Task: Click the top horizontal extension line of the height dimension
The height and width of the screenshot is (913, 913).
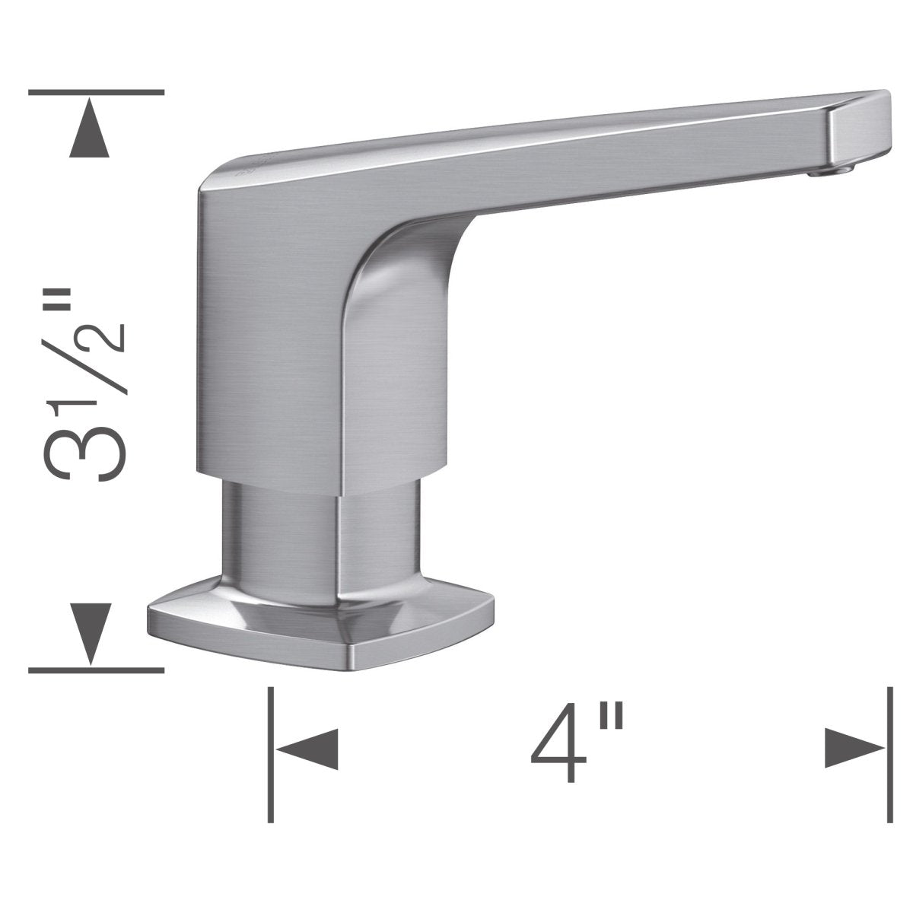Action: pos(95,92)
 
